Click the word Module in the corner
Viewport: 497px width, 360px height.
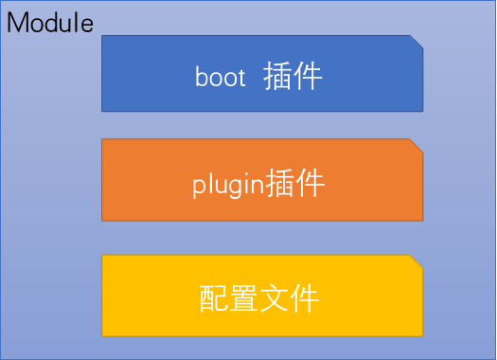(x=50, y=23)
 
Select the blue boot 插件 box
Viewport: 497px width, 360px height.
(x=262, y=74)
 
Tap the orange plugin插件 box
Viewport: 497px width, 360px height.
(x=262, y=180)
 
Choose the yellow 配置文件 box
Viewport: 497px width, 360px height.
(x=262, y=295)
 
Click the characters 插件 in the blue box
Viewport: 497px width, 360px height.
(x=294, y=76)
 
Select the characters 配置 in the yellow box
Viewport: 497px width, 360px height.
(x=230, y=298)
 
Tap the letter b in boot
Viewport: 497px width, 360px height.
(x=201, y=76)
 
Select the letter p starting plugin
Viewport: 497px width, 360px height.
(x=198, y=186)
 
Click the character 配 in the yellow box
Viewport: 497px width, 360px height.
(x=215, y=298)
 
